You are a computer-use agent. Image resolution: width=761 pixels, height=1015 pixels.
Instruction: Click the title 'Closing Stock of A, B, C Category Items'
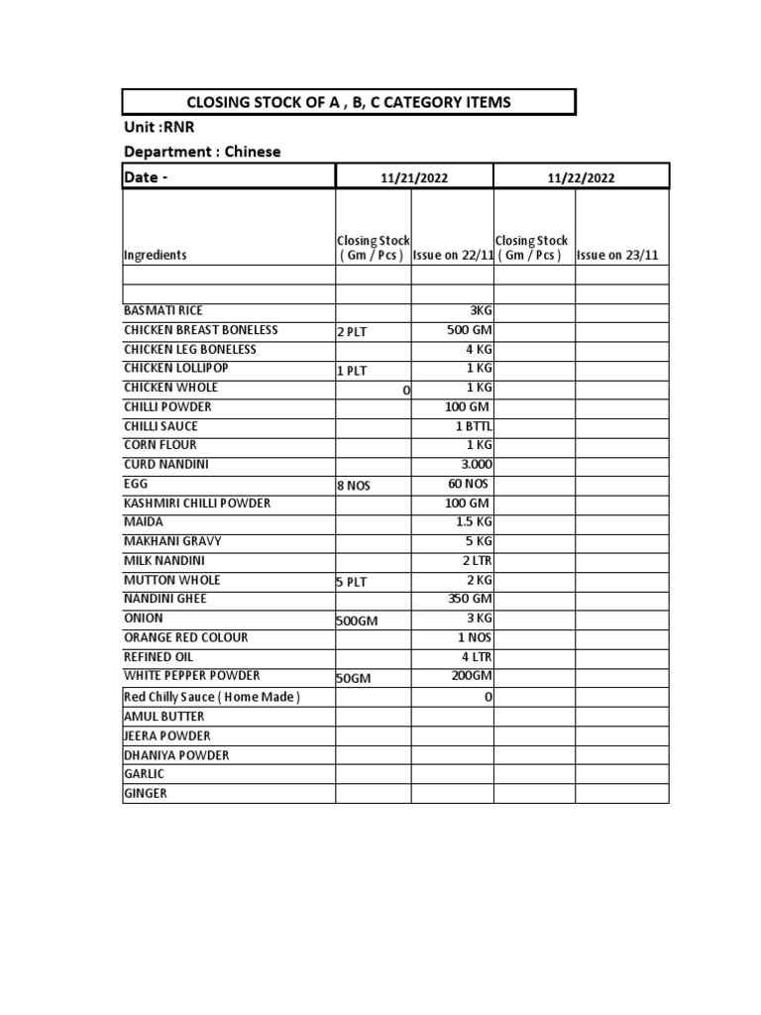pyautogui.click(x=349, y=103)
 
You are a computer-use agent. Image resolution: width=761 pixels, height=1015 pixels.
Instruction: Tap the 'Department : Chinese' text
pyautogui.click(x=202, y=152)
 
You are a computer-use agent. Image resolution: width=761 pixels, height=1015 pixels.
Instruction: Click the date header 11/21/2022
pyautogui.click(x=414, y=177)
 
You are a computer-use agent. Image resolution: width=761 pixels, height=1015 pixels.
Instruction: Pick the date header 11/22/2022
pyautogui.click(x=581, y=177)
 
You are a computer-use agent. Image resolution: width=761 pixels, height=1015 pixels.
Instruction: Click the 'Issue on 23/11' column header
pyautogui.click(x=617, y=255)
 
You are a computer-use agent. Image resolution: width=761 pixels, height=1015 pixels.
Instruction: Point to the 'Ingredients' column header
pyautogui.click(x=156, y=255)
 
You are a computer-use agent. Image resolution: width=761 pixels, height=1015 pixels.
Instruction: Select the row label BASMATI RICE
pyautogui.click(x=163, y=310)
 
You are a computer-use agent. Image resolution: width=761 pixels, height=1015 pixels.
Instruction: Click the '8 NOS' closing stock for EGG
pyautogui.click(x=353, y=486)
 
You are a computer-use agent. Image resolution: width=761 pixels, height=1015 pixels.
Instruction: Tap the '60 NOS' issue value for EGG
pyautogui.click(x=469, y=484)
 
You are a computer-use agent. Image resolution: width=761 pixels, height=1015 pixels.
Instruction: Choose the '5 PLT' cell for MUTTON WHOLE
pyautogui.click(x=352, y=582)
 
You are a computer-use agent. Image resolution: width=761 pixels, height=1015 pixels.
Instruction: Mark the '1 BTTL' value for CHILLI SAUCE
pyautogui.click(x=474, y=426)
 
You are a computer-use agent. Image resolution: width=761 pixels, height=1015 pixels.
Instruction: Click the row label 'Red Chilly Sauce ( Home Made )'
pyautogui.click(x=211, y=697)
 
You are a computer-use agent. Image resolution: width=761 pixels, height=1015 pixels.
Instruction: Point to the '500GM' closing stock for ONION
pyautogui.click(x=358, y=620)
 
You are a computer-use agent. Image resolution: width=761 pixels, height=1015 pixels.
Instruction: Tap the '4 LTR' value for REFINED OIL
pyautogui.click(x=476, y=657)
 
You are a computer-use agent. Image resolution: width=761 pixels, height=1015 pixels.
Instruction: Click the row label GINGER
pyautogui.click(x=146, y=793)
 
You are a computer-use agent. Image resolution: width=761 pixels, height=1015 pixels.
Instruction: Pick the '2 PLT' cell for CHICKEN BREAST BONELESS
pyautogui.click(x=352, y=332)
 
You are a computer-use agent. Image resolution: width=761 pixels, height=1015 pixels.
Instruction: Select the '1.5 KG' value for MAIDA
pyautogui.click(x=472, y=522)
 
